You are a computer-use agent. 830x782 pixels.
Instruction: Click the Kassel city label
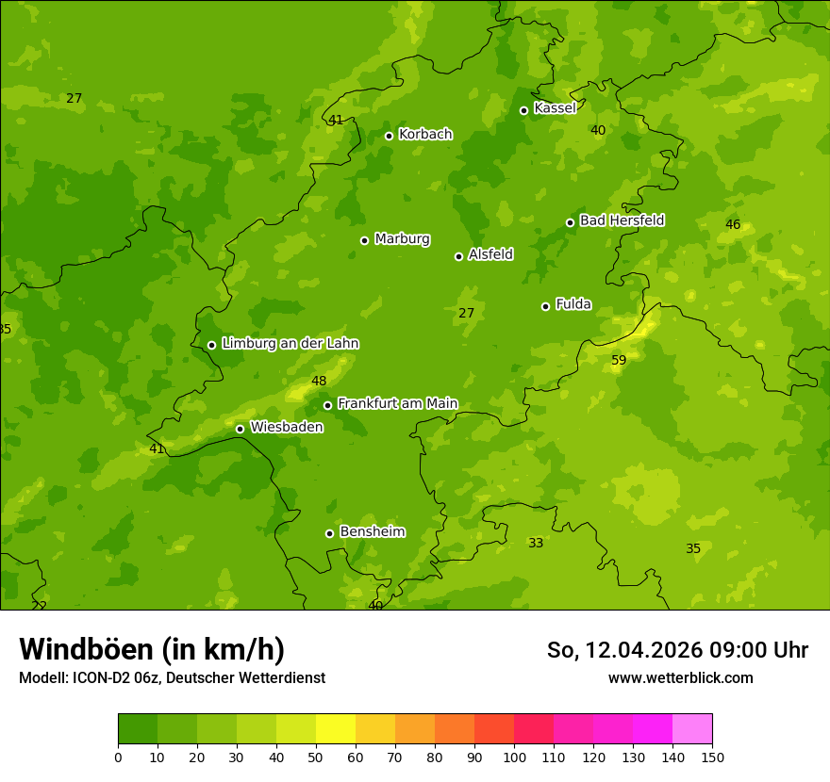(555, 108)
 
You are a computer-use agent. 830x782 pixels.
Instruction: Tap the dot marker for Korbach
(389, 136)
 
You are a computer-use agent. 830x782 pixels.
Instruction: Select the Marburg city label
(402, 239)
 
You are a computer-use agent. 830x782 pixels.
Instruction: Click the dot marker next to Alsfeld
(458, 256)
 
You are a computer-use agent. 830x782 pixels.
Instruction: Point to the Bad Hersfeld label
(622, 220)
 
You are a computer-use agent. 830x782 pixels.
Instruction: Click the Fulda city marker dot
(545, 306)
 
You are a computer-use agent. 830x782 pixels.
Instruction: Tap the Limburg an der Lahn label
(290, 344)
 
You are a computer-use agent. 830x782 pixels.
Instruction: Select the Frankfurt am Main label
(397, 404)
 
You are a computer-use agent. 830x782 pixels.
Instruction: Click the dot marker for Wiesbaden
(240, 429)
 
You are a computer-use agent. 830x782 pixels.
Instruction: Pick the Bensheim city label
(372, 532)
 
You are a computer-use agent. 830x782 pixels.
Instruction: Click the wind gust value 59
(619, 360)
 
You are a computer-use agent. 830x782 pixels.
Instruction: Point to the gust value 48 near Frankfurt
(319, 381)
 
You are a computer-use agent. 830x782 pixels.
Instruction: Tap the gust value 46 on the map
(733, 224)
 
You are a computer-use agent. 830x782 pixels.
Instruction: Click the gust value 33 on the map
(536, 543)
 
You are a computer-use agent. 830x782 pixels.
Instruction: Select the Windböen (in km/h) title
(152, 649)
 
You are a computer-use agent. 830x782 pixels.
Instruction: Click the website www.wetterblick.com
(680, 677)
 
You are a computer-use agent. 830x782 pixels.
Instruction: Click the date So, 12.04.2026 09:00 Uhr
(677, 650)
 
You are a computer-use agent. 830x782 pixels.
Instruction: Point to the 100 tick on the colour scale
(514, 757)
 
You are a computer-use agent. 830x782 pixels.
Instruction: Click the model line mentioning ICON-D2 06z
(172, 677)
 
